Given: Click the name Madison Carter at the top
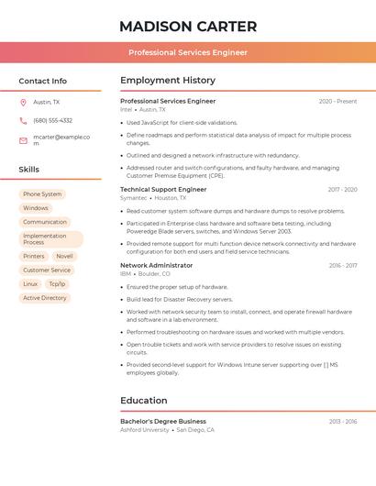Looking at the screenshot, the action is pos(188,27).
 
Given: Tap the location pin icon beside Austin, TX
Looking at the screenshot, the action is pos(23,103).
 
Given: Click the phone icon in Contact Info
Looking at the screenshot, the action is pos(23,120).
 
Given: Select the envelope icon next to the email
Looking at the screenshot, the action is pos(23,140).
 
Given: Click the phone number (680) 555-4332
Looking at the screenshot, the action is pos(52,120).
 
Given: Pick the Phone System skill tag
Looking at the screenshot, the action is pos(42,194).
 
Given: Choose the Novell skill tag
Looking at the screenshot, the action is pos(64,257).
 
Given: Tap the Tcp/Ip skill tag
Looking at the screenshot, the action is pos(57,284).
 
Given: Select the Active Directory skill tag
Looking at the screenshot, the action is pos(45,298).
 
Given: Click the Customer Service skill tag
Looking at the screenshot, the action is pos(47,271).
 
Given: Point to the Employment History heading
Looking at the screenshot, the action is pos(168,81).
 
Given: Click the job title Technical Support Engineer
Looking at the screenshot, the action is pos(163,190).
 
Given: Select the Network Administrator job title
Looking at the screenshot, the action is pos(156,265).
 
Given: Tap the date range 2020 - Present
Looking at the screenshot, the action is pos(337,102).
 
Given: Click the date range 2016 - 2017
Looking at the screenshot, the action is pos(343,266).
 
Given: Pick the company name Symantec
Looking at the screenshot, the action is pos(133,198).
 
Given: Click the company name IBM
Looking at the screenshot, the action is pos(126,273).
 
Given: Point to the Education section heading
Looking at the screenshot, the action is pos(144,401).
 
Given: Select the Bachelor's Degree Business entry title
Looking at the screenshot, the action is pos(163,421).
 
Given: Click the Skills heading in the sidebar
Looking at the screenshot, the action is pos(29,170).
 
